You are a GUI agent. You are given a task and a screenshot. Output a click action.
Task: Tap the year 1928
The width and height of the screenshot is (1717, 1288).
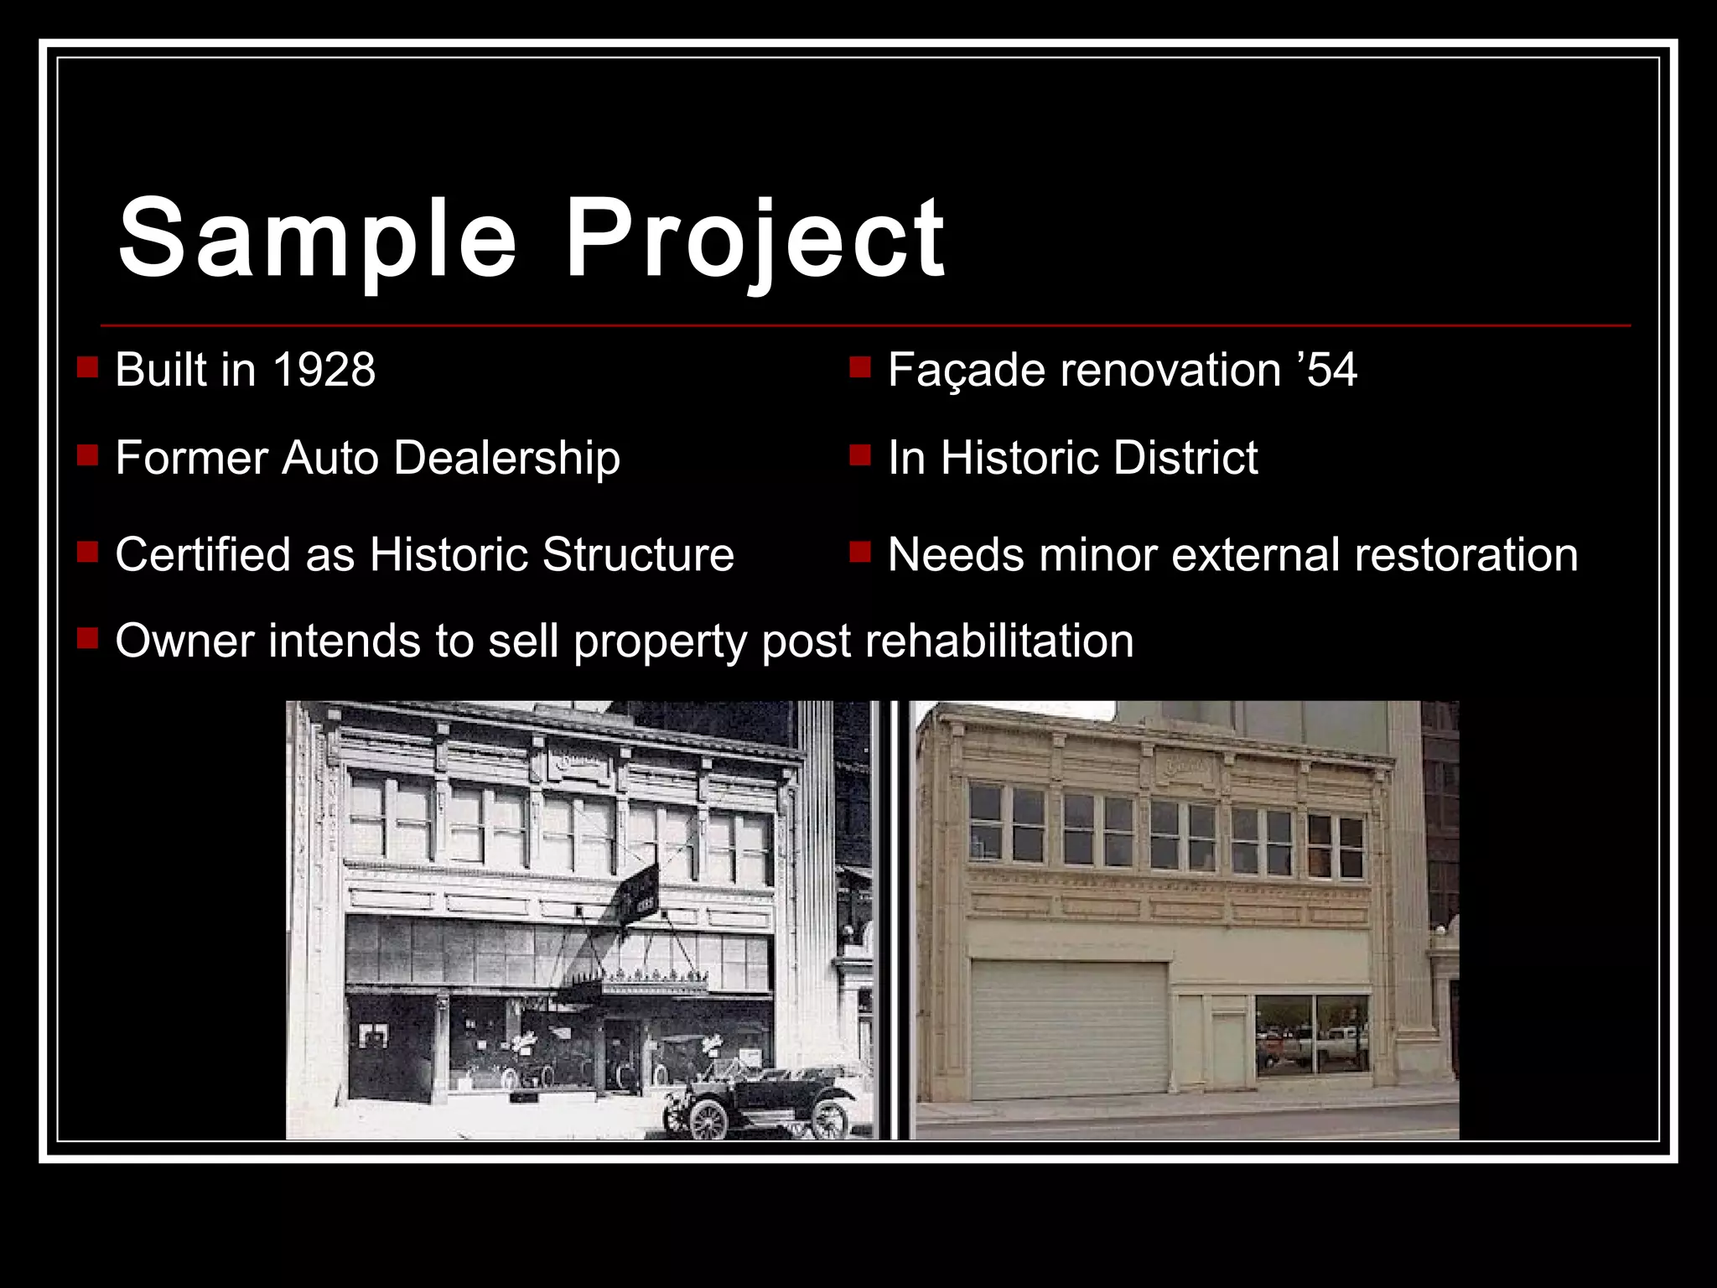[324, 370]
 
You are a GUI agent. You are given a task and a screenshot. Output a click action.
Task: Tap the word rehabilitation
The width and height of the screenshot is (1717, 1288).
[999, 641]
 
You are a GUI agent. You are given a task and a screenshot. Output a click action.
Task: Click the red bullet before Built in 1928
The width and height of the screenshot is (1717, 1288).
[87, 367]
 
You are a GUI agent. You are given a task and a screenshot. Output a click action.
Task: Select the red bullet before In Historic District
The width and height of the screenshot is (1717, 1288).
[860, 455]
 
